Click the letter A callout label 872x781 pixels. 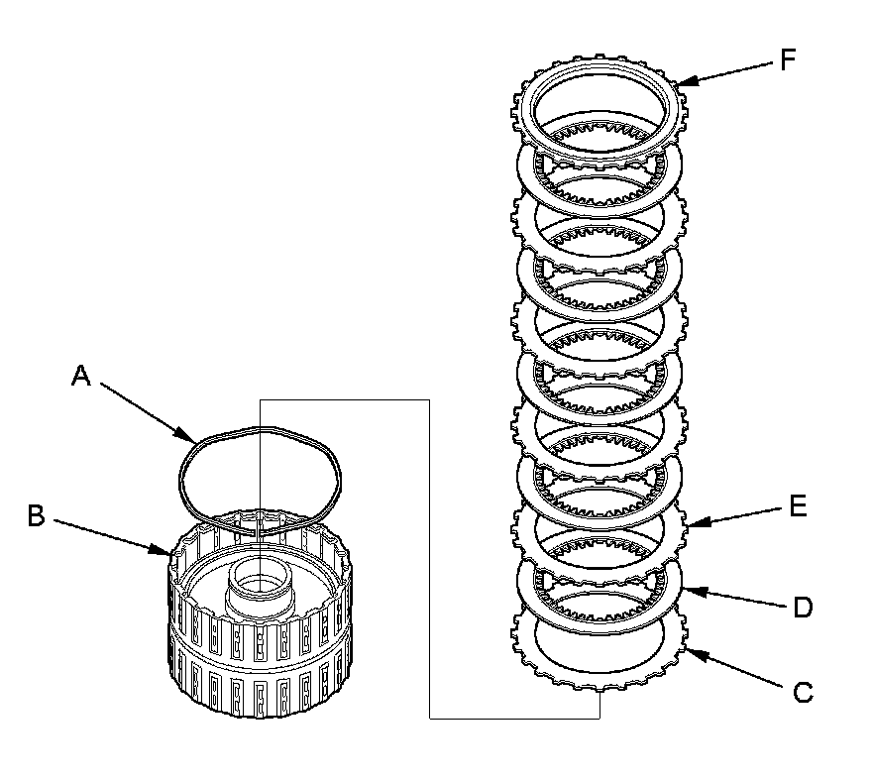pos(82,376)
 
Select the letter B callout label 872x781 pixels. pos(36,516)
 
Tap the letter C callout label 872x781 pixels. pos(804,693)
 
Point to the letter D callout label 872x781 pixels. pos(803,606)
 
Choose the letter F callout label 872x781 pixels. pos(788,60)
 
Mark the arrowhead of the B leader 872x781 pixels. pos(170,554)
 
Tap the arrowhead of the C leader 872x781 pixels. pos(687,653)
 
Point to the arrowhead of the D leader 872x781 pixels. pos(683,590)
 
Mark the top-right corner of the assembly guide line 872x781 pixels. pos(428,400)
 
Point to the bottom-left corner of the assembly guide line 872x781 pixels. pos(428,718)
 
